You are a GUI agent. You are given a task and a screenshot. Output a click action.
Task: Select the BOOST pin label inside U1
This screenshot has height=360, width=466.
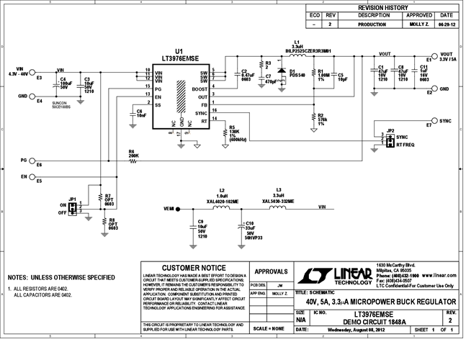click(x=199, y=89)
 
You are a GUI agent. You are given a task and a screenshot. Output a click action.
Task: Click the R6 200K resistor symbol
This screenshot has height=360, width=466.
click(x=133, y=161)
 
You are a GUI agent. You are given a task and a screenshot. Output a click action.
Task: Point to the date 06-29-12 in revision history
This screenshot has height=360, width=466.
click(x=446, y=24)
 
